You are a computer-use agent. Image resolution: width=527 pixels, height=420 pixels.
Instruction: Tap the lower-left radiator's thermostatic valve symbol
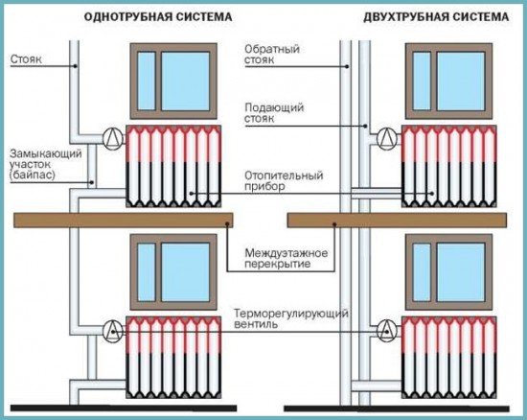coord(113,332)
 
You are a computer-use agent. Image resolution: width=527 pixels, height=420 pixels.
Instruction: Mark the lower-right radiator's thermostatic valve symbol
coord(388,332)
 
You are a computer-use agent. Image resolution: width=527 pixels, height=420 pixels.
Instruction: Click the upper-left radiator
coord(172,165)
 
